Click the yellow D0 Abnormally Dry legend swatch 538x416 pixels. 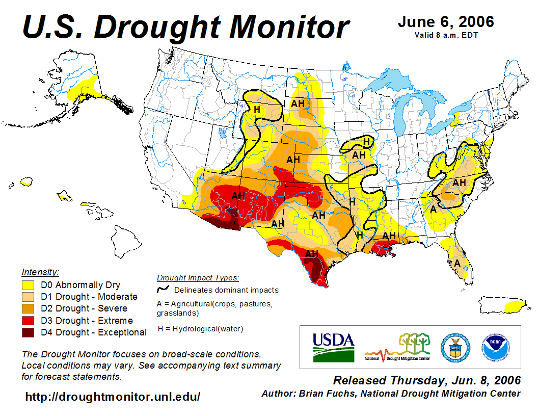[x=28, y=285]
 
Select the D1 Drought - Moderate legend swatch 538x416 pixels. [x=28, y=297]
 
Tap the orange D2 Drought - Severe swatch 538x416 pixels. [x=28, y=308]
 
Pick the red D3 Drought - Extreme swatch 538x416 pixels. [x=28, y=321]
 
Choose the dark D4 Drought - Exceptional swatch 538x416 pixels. [x=28, y=332]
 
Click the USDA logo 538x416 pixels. [x=333, y=347]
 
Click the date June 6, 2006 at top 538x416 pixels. [x=446, y=22]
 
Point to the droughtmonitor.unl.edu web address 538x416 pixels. [x=113, y=396]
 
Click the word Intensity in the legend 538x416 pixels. [x=40, y=272]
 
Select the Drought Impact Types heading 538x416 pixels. [x=198, y=278]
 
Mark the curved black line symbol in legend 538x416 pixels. [x=163, y=290]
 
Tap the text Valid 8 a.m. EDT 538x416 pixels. [x=446, y=35]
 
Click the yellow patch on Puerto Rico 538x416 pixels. [x=515, y=306]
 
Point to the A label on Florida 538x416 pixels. [x=458, y=263]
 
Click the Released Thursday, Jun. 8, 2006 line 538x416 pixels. [x=427, y=380]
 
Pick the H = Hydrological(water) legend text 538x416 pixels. [x=200, y=329]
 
